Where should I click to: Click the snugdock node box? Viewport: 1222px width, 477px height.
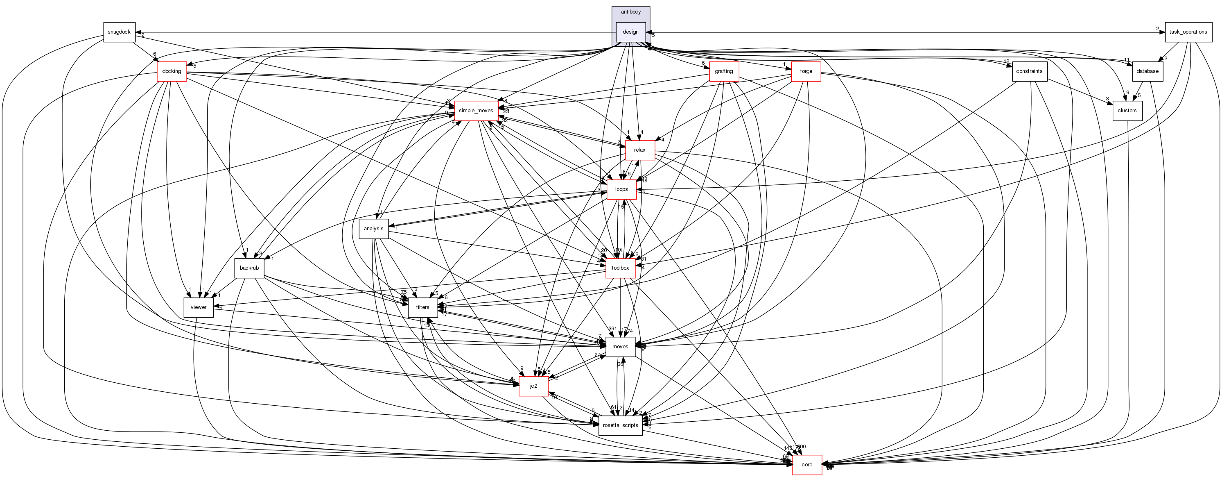[119, 32]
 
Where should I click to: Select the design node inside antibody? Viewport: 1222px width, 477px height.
[630, 32]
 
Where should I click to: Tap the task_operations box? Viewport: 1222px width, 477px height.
[1188, 32]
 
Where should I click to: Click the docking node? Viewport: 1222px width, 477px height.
[172, 72]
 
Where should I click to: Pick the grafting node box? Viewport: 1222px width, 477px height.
[724, 72]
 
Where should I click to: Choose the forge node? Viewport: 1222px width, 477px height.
[806, 72]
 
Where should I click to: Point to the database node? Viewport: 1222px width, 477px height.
[1147, 72]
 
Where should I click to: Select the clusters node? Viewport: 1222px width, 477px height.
[1127, 111]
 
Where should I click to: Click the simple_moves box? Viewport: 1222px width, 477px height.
[476, 111]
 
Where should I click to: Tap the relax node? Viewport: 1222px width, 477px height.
[639, 150]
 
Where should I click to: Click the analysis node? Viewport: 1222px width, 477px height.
[374, 229]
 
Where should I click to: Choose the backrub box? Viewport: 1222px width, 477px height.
[249, 268]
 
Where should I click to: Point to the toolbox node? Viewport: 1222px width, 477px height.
[620, 268]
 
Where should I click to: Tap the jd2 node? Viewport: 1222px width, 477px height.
[534, 386]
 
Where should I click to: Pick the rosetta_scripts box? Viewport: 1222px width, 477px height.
[620, 426]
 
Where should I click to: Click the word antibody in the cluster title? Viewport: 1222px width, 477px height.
[630, 12]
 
